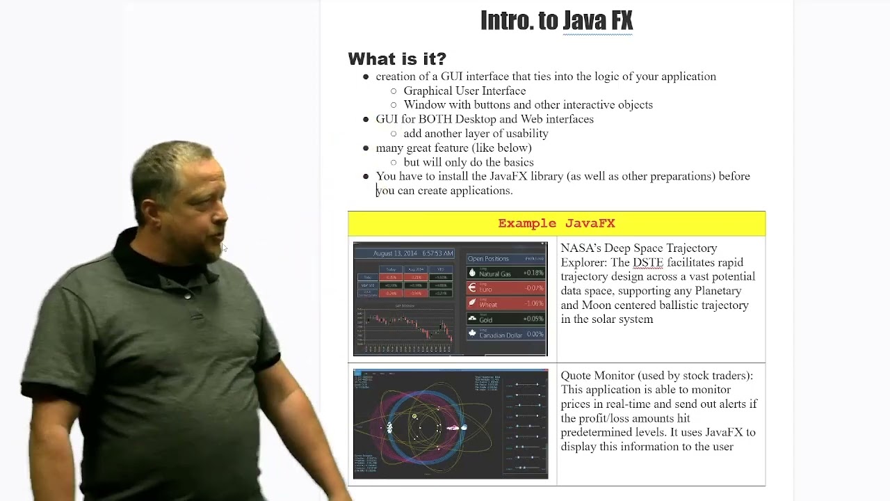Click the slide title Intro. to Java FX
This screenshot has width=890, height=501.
coord(556,21)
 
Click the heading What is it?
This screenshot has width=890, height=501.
coord(397,58)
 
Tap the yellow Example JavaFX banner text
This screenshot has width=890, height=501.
coord(556,223)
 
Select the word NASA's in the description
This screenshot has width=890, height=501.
coord(581,248)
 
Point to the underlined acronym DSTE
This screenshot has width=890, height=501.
coord(647,263)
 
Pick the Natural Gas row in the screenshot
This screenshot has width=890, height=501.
coord(505,273)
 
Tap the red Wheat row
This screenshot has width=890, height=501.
coord(505,303)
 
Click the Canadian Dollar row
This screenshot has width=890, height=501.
coord(505,335)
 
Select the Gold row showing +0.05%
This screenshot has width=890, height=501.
coord(505,319)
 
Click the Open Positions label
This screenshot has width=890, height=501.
coord(488,259)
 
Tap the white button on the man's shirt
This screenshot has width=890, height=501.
coord(187,295)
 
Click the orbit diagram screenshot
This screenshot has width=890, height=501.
coord(451,424)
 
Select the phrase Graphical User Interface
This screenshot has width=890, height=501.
coord(464,91)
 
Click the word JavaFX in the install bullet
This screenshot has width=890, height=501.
coord(508,177)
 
